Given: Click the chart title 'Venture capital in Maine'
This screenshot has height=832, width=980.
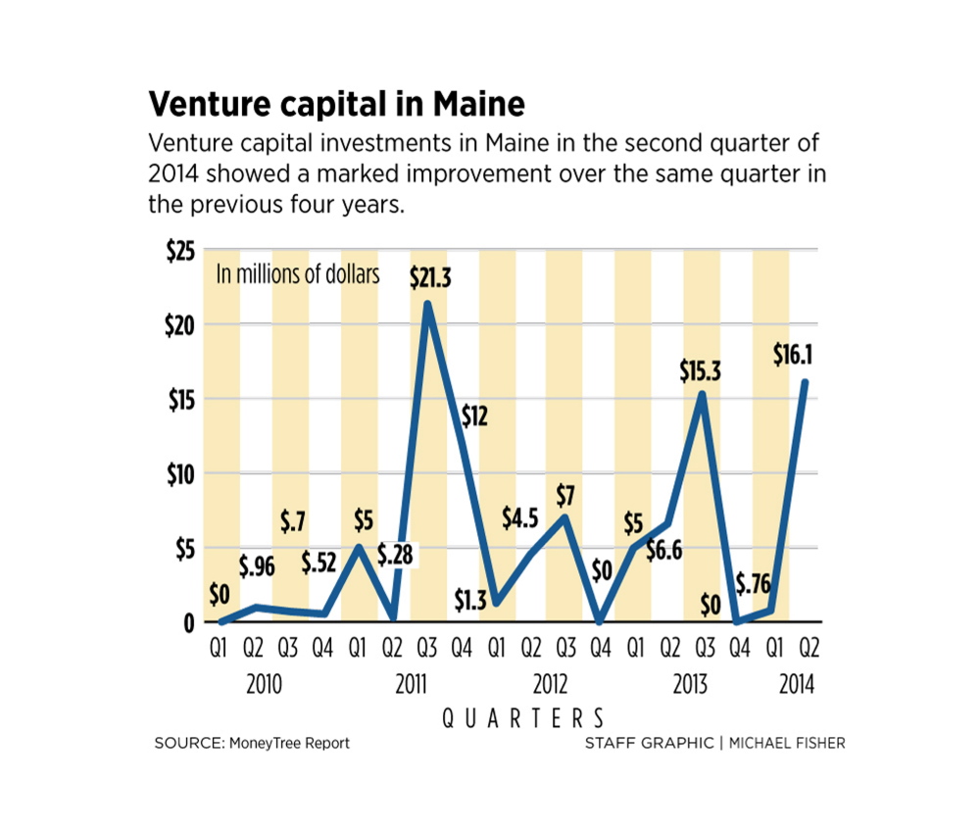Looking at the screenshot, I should pyautogui.click(x=336, y=103).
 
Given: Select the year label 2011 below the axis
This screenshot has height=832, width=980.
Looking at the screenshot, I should pyautogui.click(x=411, y=684).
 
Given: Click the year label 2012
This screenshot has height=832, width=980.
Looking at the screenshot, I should pyautogui.click(x=549, y=684).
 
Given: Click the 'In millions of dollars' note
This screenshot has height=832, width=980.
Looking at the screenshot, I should pyautogui.click(x=297, y=274).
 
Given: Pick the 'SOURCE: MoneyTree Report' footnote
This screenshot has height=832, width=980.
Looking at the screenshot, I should pyautogui.click(x=252, y=743).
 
